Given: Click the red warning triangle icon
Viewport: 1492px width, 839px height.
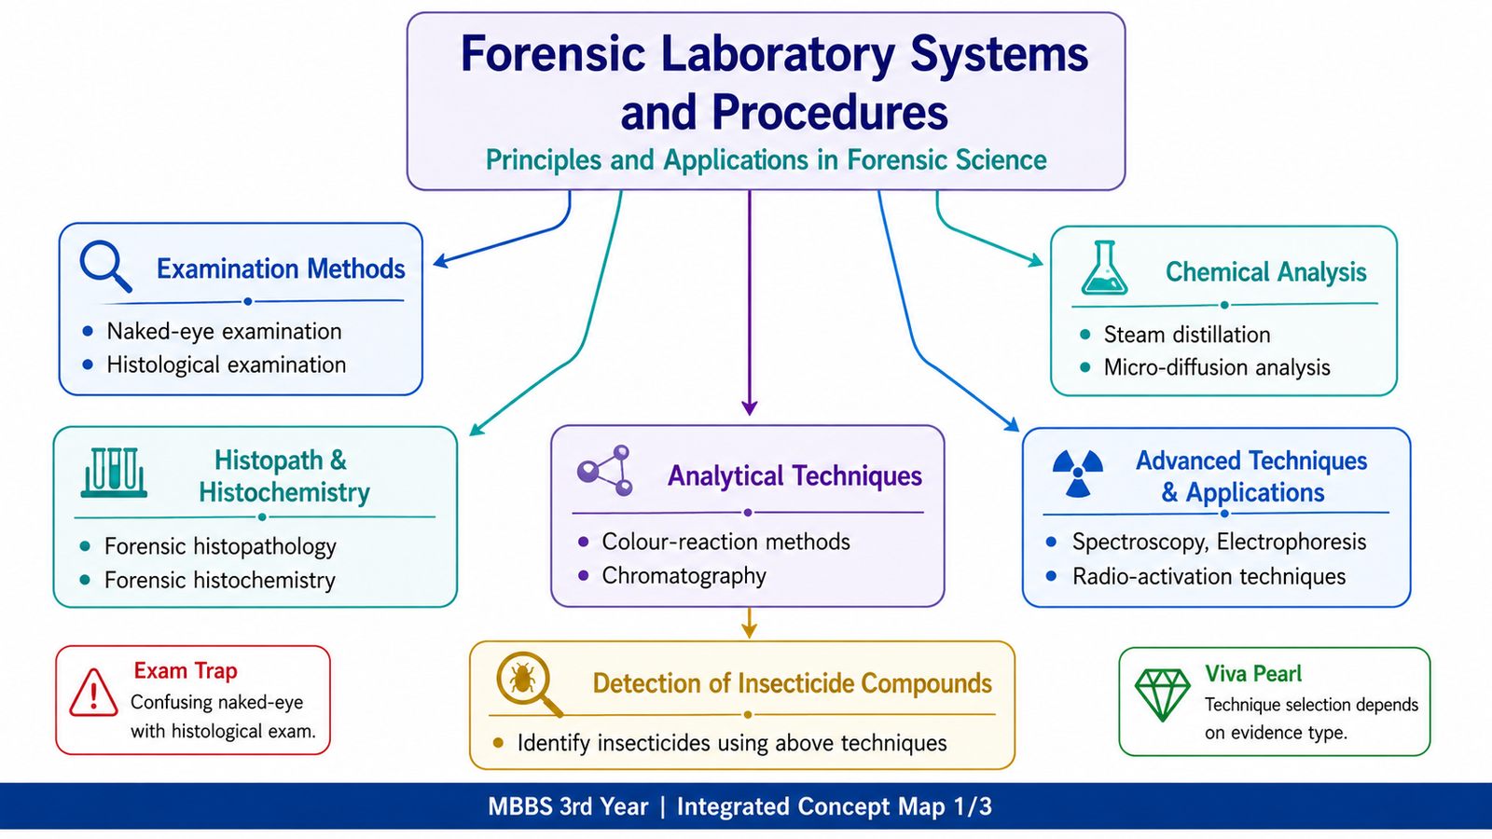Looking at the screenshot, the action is (x=93, y=693).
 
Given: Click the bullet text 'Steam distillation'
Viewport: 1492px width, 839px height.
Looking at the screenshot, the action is (x=1187, y=335).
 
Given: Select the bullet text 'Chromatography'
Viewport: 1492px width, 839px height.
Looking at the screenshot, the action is (x=684, y=576).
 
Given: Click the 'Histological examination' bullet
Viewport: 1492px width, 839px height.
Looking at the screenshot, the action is (x=227, y=364).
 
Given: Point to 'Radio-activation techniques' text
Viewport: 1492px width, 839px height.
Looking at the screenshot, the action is (x=1209, y=577).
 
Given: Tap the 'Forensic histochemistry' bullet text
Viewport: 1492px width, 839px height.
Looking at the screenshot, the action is (x=220, y=580).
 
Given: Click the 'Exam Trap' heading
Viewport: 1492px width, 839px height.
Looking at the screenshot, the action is (x=186, y=671).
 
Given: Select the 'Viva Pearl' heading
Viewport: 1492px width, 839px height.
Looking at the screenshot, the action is (x=1253, y=674).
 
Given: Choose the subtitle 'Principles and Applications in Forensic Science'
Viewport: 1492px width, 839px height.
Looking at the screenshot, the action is (x=766, y=159).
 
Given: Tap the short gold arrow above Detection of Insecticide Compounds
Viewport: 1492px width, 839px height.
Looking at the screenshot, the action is (x=749, y=623).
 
